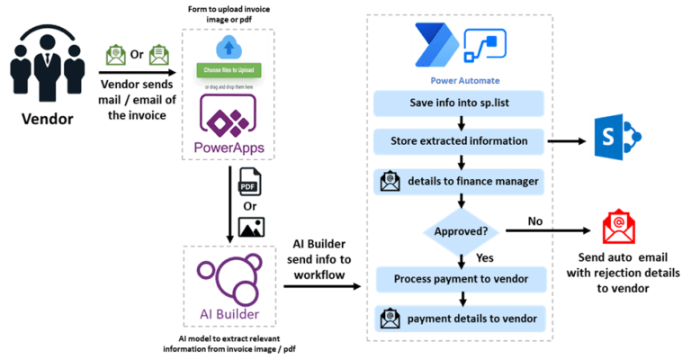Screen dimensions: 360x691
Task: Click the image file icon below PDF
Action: (x=250, y=226)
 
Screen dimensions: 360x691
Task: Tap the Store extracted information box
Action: (x=459, y=141)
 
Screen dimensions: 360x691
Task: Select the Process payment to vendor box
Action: (x=459, y=278)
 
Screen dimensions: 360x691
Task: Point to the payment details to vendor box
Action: (x=459, y=317)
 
